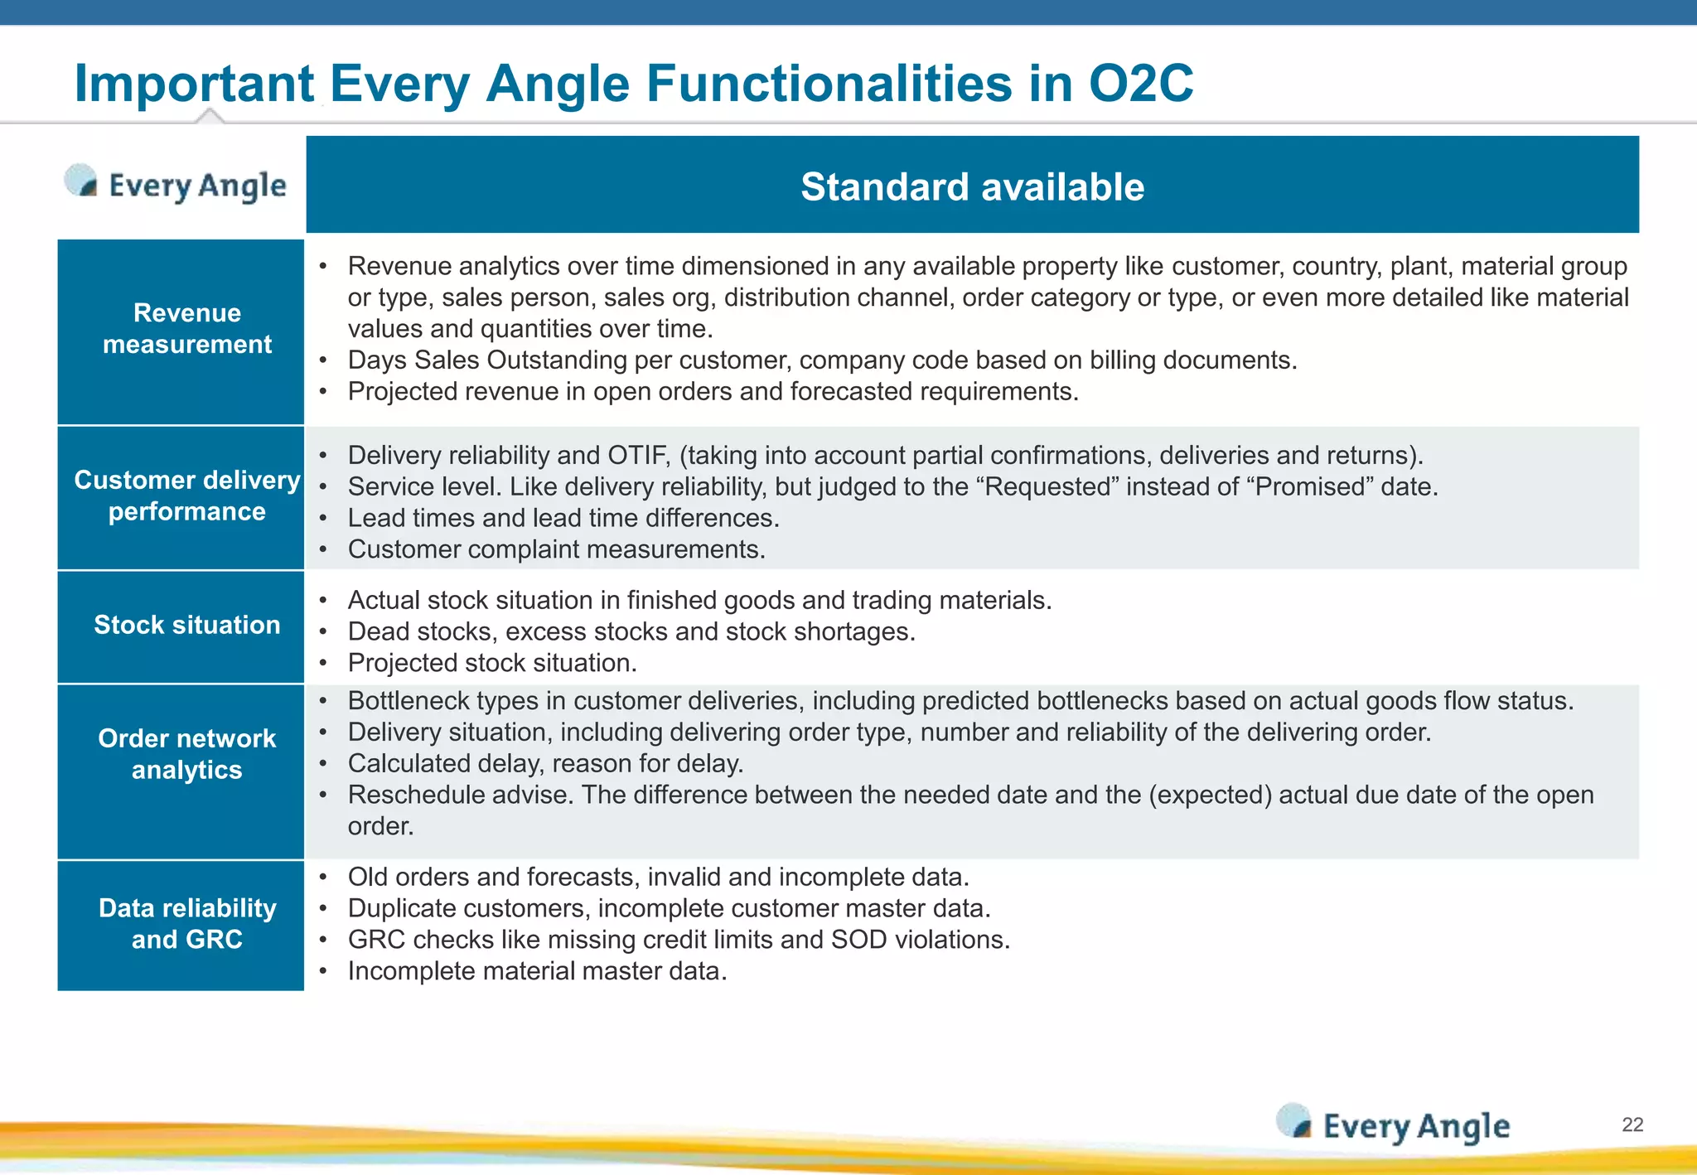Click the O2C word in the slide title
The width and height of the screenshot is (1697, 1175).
[x=1140, y=84]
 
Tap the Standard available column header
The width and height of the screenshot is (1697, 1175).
[x=972, y=186]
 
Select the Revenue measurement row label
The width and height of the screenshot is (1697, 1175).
[x=187, y=329]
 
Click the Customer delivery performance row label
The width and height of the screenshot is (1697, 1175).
[x=187, y=496]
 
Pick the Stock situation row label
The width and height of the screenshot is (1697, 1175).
[x=187, y=625]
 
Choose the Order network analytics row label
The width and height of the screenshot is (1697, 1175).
[x=187, y=754]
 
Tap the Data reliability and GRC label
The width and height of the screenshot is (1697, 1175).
[x=187, y=924]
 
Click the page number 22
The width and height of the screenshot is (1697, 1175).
[x=1632, y=1124]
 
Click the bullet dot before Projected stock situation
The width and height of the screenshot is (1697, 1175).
[x=323, y=664]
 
